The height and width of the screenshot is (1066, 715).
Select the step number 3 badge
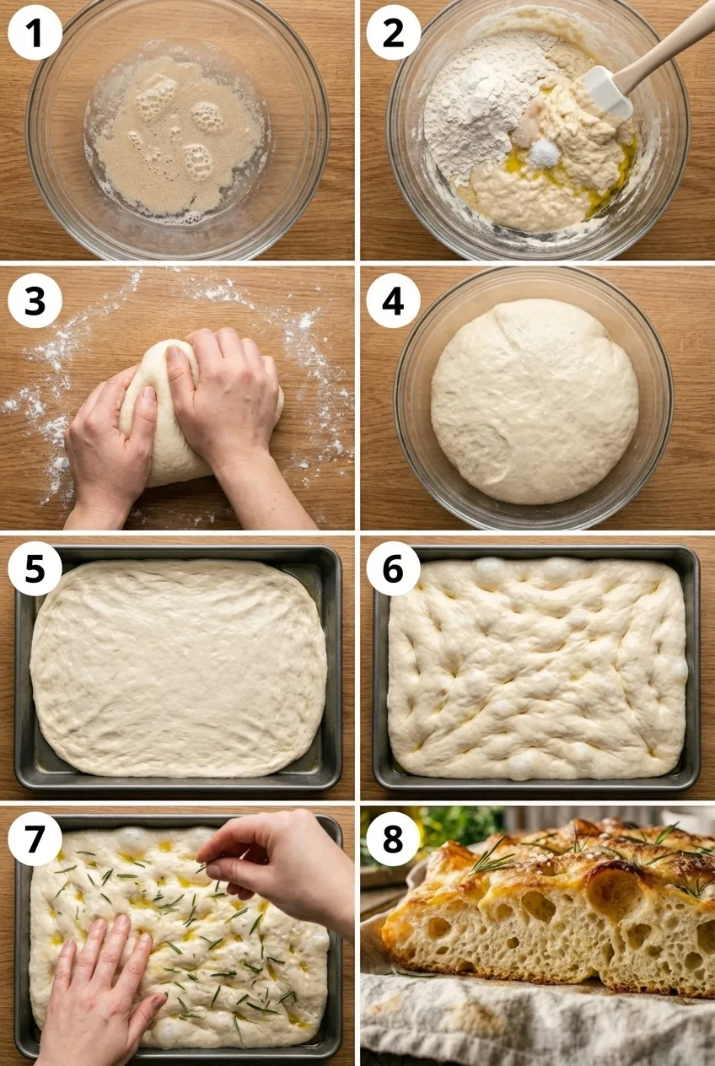pos(35,300)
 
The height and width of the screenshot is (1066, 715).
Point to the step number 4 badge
pos(393,300)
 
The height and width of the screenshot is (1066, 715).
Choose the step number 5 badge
pos(35,568)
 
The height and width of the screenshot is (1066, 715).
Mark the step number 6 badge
pos(393,568)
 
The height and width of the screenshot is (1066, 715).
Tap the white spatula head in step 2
pos(607,91)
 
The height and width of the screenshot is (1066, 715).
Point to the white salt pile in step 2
pos(544,153)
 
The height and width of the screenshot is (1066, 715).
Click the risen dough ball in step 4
pos(535,401)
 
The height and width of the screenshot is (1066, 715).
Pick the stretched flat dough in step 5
pos(179,670)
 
